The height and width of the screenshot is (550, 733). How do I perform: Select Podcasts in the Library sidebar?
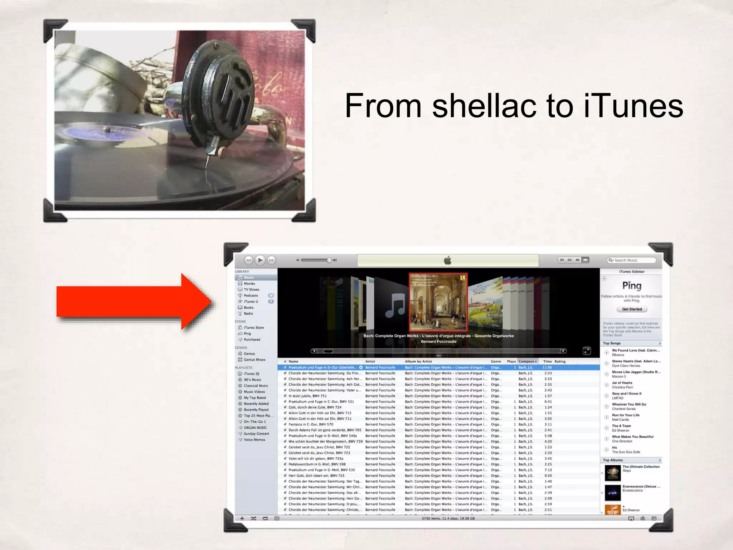point(251,295)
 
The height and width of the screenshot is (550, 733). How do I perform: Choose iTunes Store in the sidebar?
point(253,328)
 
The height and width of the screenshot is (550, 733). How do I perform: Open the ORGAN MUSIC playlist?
point(255,428)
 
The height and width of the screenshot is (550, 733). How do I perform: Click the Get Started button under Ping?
point(632,309)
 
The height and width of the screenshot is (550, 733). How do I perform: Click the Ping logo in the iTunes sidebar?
point(632,285)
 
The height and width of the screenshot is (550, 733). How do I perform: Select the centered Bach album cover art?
point(438,303)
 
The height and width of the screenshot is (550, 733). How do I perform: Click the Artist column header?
point(370,361)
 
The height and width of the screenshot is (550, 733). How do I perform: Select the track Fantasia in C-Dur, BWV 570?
point(311,424)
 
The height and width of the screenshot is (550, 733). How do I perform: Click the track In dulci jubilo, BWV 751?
point(307,396)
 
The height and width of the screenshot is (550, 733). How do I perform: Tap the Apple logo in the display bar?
point(447,260)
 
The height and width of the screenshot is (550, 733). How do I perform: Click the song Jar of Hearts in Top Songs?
point(622,383)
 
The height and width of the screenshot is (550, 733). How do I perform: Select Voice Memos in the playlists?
point(254,440)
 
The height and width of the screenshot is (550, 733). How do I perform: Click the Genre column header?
point(496,361)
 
